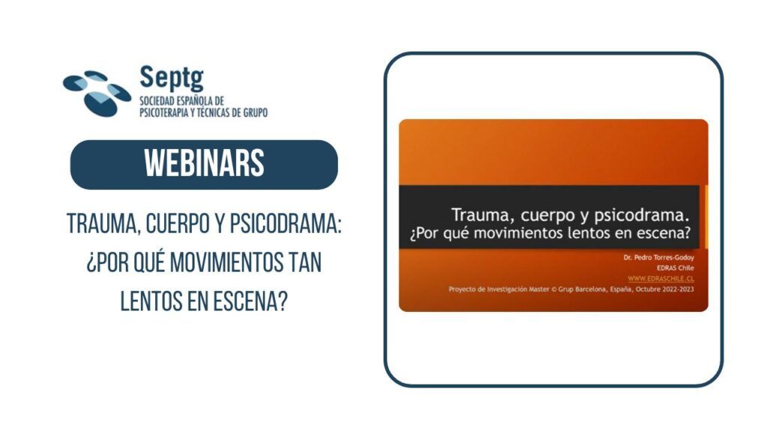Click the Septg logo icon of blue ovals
[x=97, y=94]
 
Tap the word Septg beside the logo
[x=172, y=78]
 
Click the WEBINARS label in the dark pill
[x=204, y=164]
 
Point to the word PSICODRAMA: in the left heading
[x=285, y=224]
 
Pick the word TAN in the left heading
[x=306, y=263]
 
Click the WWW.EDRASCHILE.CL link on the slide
[x=661, y=278]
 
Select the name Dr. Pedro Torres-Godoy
[x=658, y=257]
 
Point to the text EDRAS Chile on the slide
[x=675, y=268]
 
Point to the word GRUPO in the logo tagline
[x=255, y=113]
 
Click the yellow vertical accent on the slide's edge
[x=706, y=216]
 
